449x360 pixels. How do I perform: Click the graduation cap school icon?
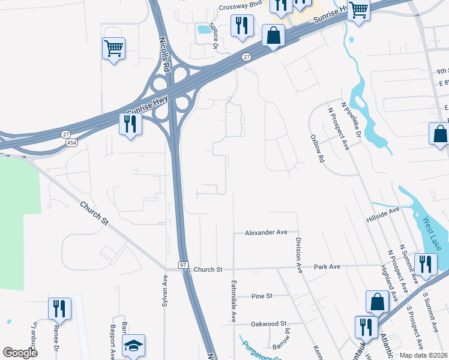133,345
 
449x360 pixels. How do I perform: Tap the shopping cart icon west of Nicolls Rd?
113,47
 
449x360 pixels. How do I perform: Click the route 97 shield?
184,265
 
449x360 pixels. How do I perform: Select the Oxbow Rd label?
318,148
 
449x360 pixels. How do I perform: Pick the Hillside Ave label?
383,216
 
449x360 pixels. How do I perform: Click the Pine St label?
262,296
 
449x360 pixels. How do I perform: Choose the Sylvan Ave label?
164,292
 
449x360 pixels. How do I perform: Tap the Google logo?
20,352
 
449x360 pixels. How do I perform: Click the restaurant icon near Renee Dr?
59,308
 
